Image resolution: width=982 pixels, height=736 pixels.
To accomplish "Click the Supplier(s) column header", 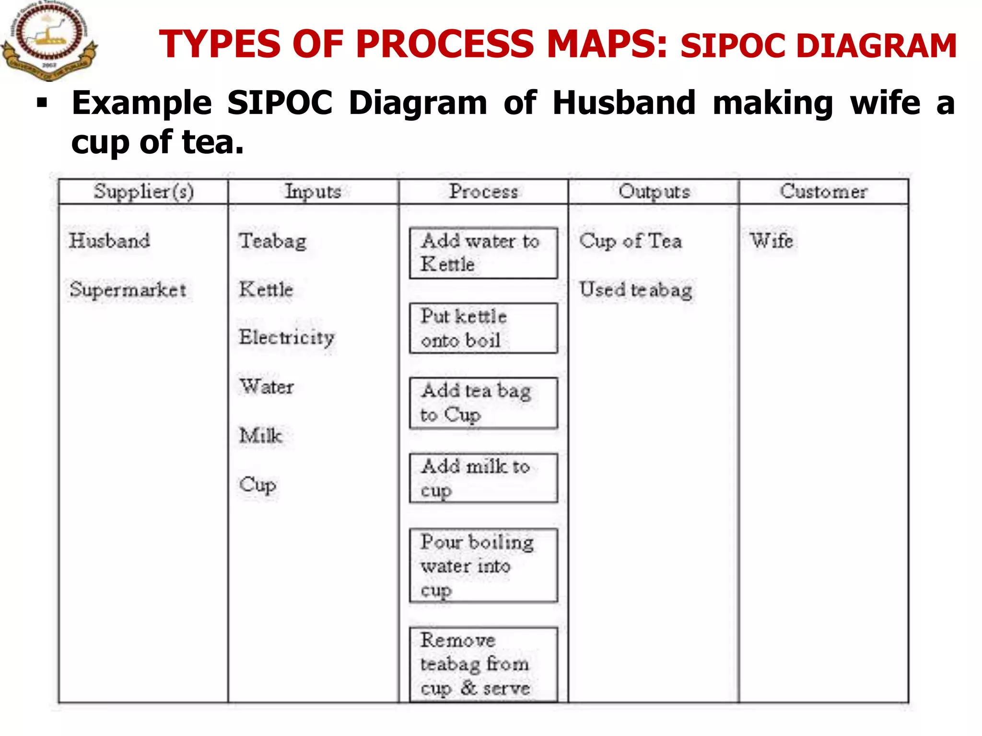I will (143, 192).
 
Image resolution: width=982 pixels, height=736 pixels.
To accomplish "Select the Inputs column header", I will (313, 192).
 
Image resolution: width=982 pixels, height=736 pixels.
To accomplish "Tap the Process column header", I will (483, 192).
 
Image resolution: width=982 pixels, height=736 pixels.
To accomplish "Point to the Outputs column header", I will (654, 192).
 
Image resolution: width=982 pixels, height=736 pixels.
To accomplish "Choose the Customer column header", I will (823, 192).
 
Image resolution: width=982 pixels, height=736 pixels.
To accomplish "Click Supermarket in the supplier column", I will (128, 289).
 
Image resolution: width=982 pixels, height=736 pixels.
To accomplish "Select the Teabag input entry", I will (273, 241).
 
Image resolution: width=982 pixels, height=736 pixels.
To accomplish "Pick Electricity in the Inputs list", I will (287, 338).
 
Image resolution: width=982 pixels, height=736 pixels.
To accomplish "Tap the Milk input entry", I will (261, 435).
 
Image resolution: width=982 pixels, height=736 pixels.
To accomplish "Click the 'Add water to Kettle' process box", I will (483, 253).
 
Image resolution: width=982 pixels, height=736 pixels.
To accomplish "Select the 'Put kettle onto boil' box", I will (483, 328).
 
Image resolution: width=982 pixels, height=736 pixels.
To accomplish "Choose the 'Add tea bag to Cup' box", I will (483, 403).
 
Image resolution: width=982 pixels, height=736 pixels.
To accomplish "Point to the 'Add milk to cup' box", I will (483, 478).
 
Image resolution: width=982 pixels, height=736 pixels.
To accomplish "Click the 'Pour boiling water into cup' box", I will (483, 565).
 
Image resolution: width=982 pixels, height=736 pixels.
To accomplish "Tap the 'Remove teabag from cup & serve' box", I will (483, 665).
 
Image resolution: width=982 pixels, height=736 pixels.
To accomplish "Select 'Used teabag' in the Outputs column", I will (636, 290).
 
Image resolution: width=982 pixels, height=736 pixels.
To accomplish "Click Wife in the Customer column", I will (772, 241).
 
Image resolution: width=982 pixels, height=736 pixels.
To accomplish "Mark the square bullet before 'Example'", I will (42, 103).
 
